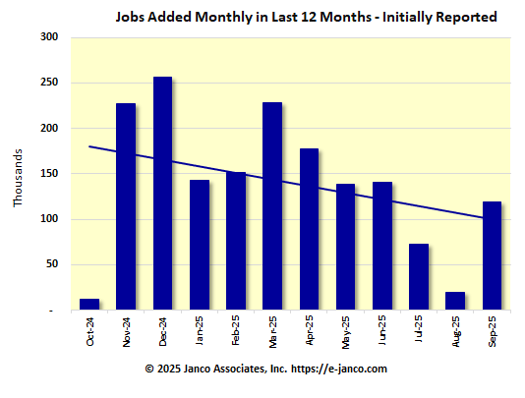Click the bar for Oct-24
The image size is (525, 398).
[x=89, y=305]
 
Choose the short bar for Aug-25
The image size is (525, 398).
[x=455, y=301]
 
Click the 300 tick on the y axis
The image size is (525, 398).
[x=49, y=37]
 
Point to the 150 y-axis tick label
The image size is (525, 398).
[x=49, y=174]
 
